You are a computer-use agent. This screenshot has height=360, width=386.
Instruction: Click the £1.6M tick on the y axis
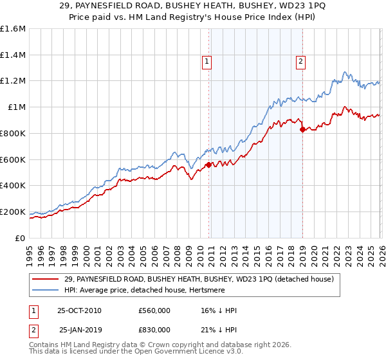pos(13,29)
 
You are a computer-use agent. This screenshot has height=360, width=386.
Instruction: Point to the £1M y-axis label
pos(17,107)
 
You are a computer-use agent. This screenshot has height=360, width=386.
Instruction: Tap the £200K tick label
pos(13,212)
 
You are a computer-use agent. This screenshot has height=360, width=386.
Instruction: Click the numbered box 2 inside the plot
pos(300,62)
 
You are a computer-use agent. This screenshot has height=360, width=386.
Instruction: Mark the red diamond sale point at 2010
pos(208,165)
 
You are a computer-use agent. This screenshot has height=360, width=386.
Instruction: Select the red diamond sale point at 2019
pos(302,129)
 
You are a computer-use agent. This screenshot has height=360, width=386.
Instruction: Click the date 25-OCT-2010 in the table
pos(79,310)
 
